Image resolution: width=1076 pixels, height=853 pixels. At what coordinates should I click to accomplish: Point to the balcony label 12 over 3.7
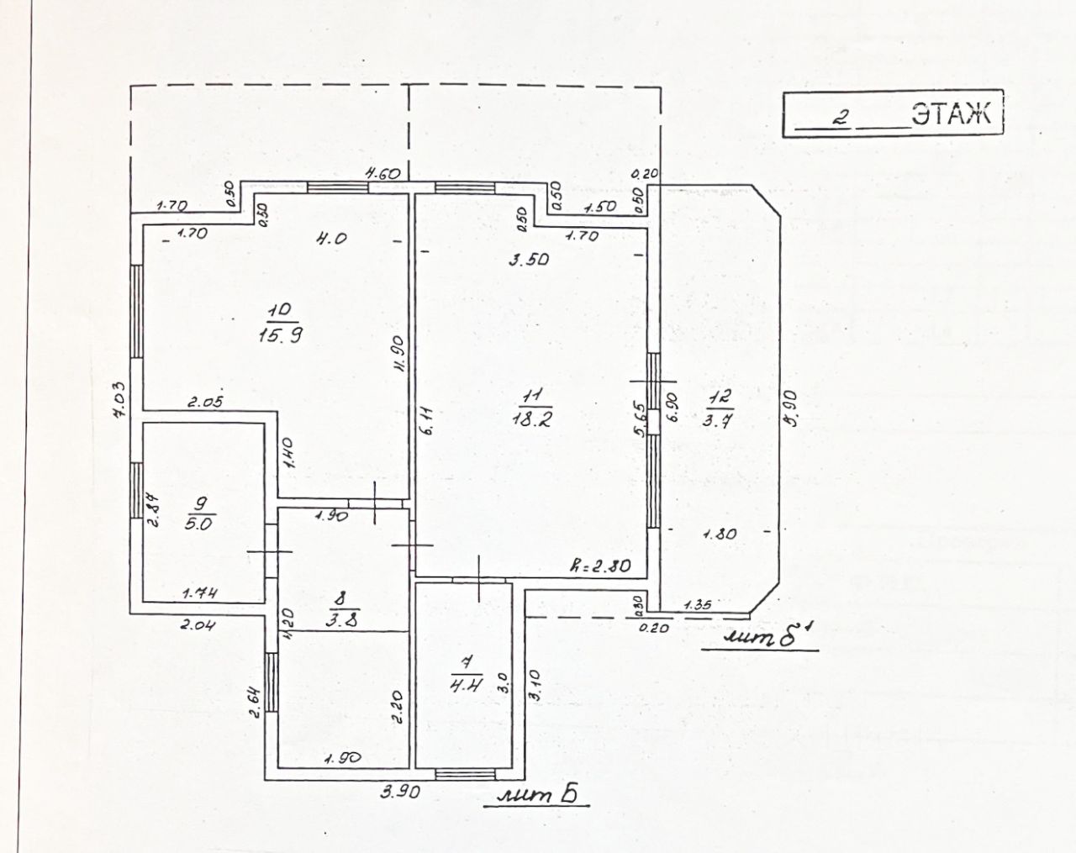(720, 408)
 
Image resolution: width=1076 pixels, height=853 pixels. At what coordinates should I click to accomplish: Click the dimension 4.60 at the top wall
(381, 175)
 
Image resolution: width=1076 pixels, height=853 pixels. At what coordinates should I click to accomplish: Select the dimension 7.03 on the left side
(120, 398)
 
